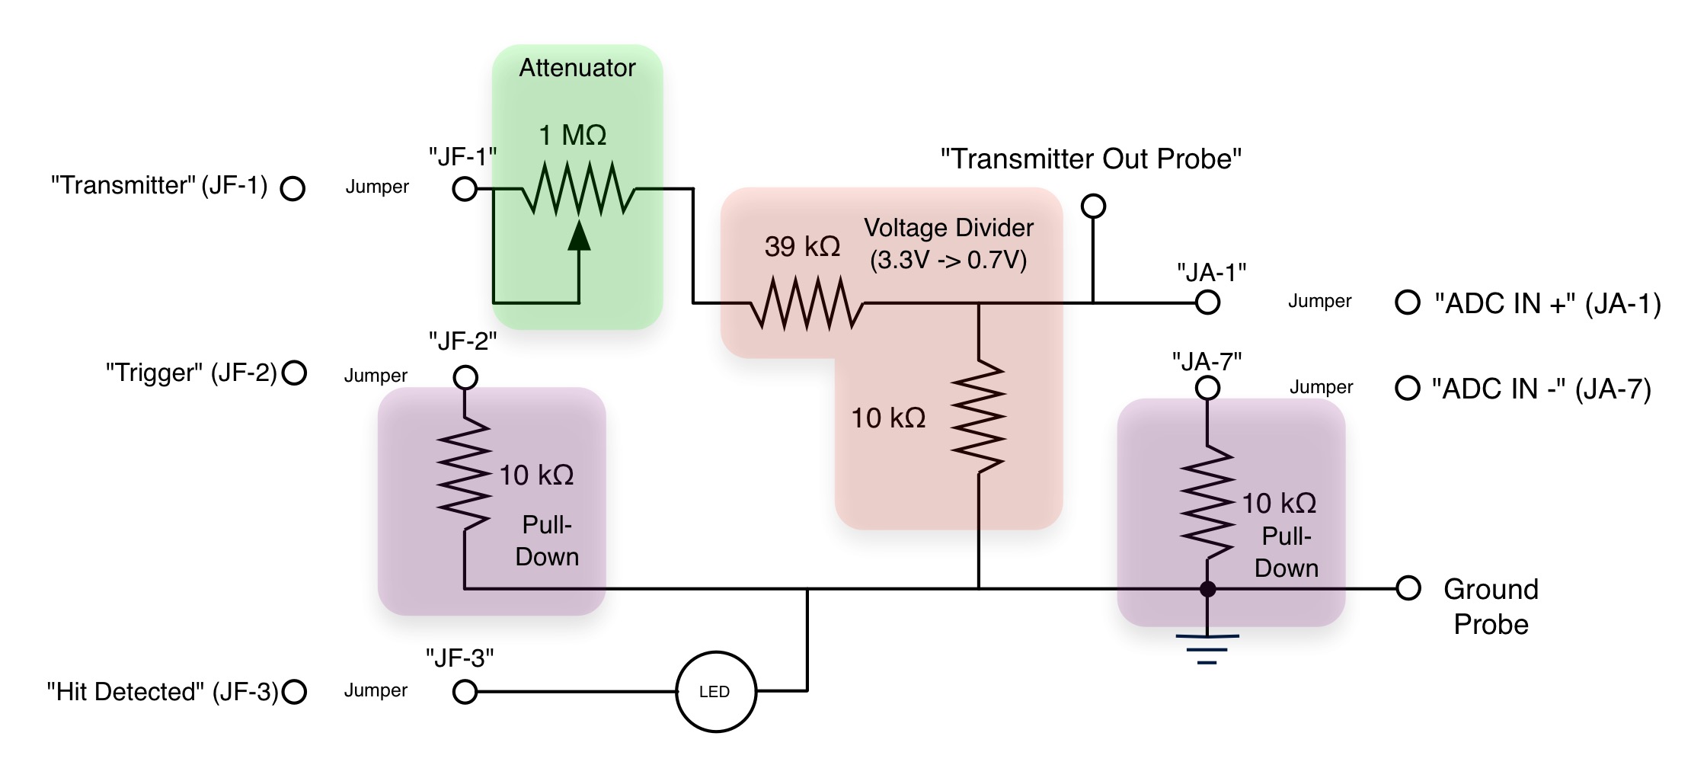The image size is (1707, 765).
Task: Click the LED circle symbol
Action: (x=715, y=691)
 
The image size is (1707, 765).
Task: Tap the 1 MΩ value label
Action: (x=572, y=136)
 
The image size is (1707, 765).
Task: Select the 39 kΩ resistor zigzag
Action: (x=807, y=303)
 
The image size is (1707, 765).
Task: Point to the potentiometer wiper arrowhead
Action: (x=579, y=236)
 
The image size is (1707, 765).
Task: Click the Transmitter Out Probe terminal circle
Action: (x=1093, y=206)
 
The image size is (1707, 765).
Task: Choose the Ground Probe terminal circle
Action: (x=1408, y=588)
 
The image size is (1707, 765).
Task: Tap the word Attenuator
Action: (x=577, y=68)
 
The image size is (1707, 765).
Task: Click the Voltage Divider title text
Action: (x=948, y=228)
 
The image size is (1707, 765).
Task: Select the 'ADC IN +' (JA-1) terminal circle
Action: (x=1407, y=302)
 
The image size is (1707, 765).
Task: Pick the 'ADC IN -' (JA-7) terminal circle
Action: (x=1407, y=388)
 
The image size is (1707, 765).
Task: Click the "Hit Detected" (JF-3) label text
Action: (x=162, y=691)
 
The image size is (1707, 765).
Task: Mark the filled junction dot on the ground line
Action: (x=1207, y=589)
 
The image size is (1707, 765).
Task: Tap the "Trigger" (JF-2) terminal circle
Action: (x=294, y=373)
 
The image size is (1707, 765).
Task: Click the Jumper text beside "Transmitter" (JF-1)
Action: (x=377, y=187)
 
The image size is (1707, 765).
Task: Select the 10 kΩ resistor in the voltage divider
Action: (x=979, y=416)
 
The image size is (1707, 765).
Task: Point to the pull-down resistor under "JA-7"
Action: (x=1207, y=503)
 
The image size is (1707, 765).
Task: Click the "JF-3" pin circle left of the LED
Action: (x=465, y=692)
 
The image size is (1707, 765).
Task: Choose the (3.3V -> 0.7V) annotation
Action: (x=948, y=261)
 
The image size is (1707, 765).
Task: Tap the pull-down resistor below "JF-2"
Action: (x=464, y=474)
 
